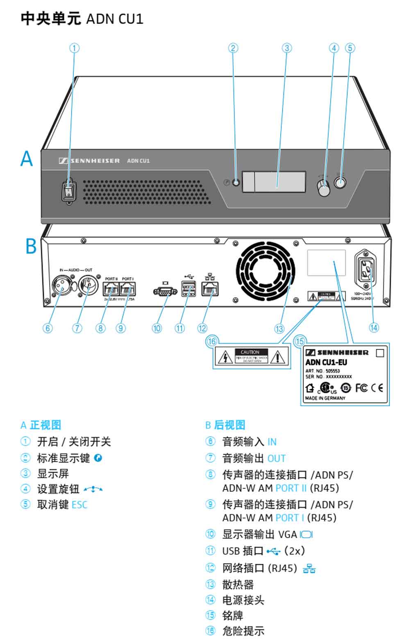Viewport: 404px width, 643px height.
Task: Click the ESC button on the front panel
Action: (340, 182)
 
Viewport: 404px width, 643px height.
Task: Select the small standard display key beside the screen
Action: (236, 182)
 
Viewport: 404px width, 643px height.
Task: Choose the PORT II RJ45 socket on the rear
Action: (111, 290)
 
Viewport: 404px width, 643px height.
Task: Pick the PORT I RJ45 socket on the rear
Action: (128, 290)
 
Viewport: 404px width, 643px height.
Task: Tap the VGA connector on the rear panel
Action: (165, 291)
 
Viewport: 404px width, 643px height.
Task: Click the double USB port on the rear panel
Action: (188, 290)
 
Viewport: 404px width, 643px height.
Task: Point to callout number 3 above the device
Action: (287, 48)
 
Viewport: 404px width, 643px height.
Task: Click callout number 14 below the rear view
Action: (374, 328)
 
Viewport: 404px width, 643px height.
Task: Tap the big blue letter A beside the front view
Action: (27, 158)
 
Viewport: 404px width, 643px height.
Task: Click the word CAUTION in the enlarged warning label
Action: (250, 352)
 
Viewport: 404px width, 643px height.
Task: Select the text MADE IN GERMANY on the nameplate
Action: (325, 398)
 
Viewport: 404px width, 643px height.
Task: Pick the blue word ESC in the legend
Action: (79, 505)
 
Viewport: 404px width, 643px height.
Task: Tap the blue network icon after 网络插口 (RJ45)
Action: (309, 568)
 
